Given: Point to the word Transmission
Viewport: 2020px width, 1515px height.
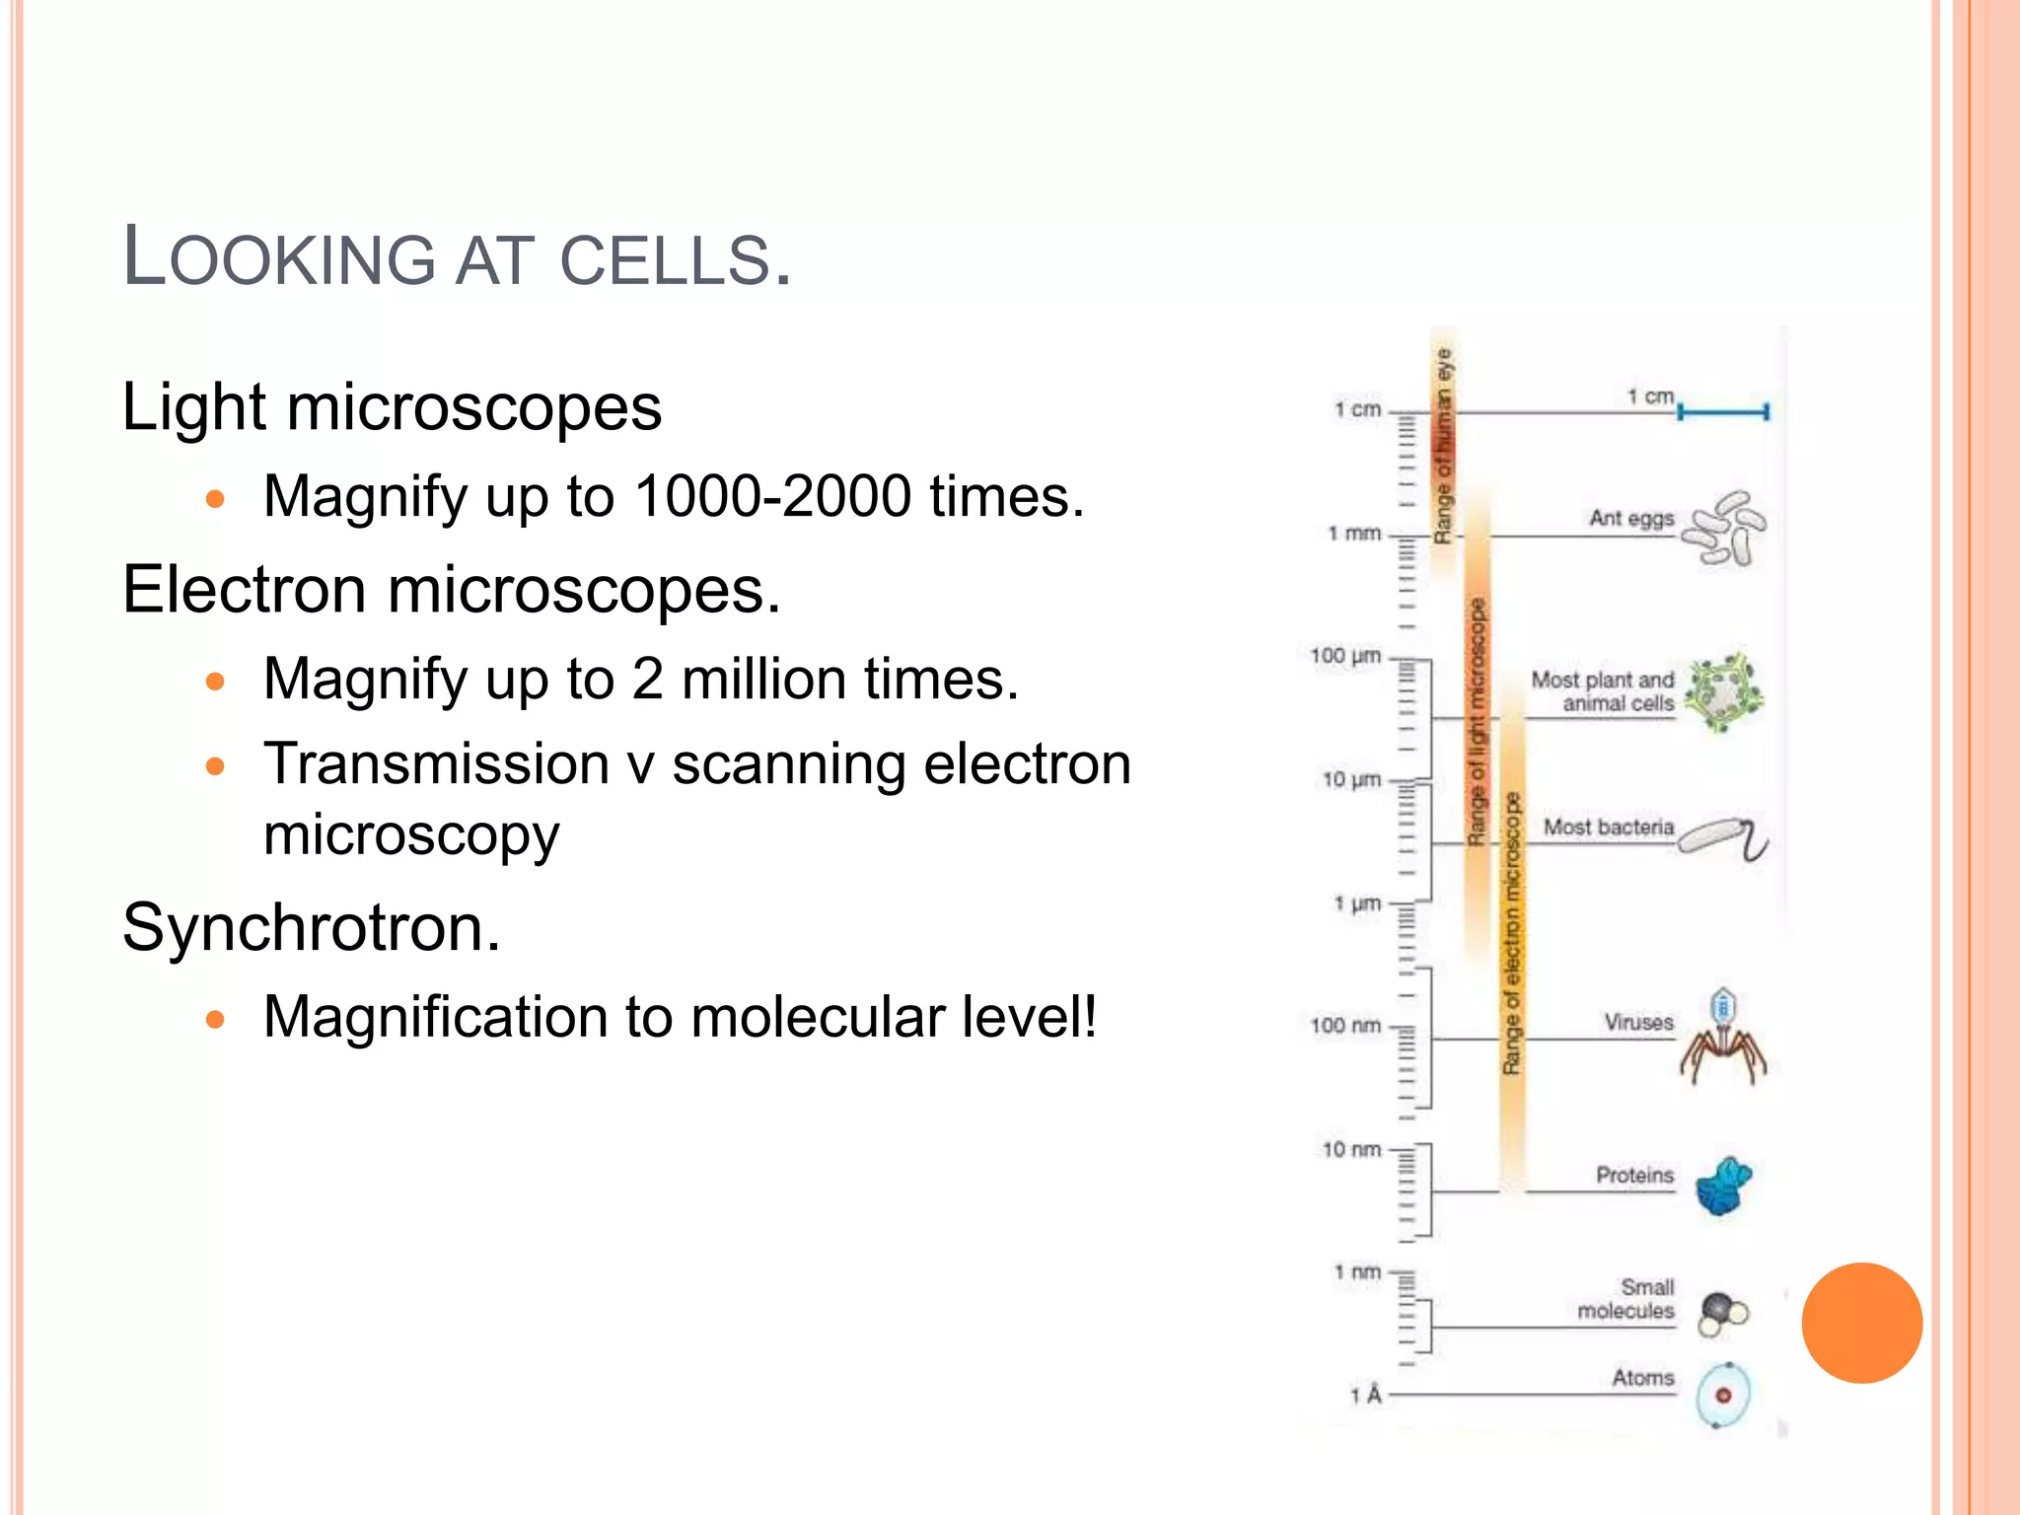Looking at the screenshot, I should pos(437,764).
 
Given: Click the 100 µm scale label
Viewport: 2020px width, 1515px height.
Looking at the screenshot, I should pos(1345,656).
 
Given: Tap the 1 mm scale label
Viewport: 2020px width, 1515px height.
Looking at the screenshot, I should pos(1354,534).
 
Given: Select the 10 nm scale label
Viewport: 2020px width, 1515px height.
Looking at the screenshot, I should pos(1351,1150).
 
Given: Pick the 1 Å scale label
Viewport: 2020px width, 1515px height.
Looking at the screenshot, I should pos(1366,1395).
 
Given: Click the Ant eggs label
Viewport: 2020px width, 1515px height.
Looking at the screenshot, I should pos(1631,518).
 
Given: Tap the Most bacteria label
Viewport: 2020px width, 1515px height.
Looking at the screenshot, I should pos(1608,827).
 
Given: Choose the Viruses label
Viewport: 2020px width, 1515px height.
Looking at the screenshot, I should pos(1638,1022).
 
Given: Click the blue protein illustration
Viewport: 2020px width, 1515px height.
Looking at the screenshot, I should pos(1723,1186).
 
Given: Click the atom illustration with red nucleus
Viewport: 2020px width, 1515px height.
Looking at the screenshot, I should pos(1723,1396).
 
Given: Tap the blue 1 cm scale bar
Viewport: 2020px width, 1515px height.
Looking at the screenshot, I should pos(1723,411).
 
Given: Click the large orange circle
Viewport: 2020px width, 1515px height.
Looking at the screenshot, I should pos(1861,1323).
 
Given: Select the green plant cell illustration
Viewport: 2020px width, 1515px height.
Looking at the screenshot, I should pos(1723,692).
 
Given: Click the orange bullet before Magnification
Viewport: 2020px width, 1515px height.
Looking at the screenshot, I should pos(216,1019).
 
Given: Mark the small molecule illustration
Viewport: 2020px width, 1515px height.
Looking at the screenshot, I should pos(1722,1313).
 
